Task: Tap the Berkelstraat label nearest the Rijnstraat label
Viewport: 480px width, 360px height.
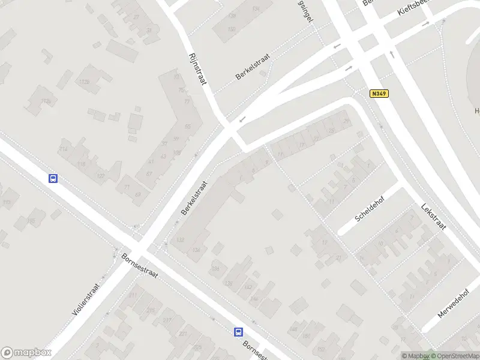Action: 253,66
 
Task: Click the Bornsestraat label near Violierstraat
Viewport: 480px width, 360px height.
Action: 139,265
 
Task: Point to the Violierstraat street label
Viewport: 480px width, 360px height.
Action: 85,298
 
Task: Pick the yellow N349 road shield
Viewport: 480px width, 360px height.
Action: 379,94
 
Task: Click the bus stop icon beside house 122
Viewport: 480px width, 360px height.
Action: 53,178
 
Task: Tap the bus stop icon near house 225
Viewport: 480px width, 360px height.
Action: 238,332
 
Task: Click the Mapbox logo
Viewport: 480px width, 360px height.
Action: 26,353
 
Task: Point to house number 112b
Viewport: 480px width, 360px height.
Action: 83,82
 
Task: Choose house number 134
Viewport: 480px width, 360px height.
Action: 196,250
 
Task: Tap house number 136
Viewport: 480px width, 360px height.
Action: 215,268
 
